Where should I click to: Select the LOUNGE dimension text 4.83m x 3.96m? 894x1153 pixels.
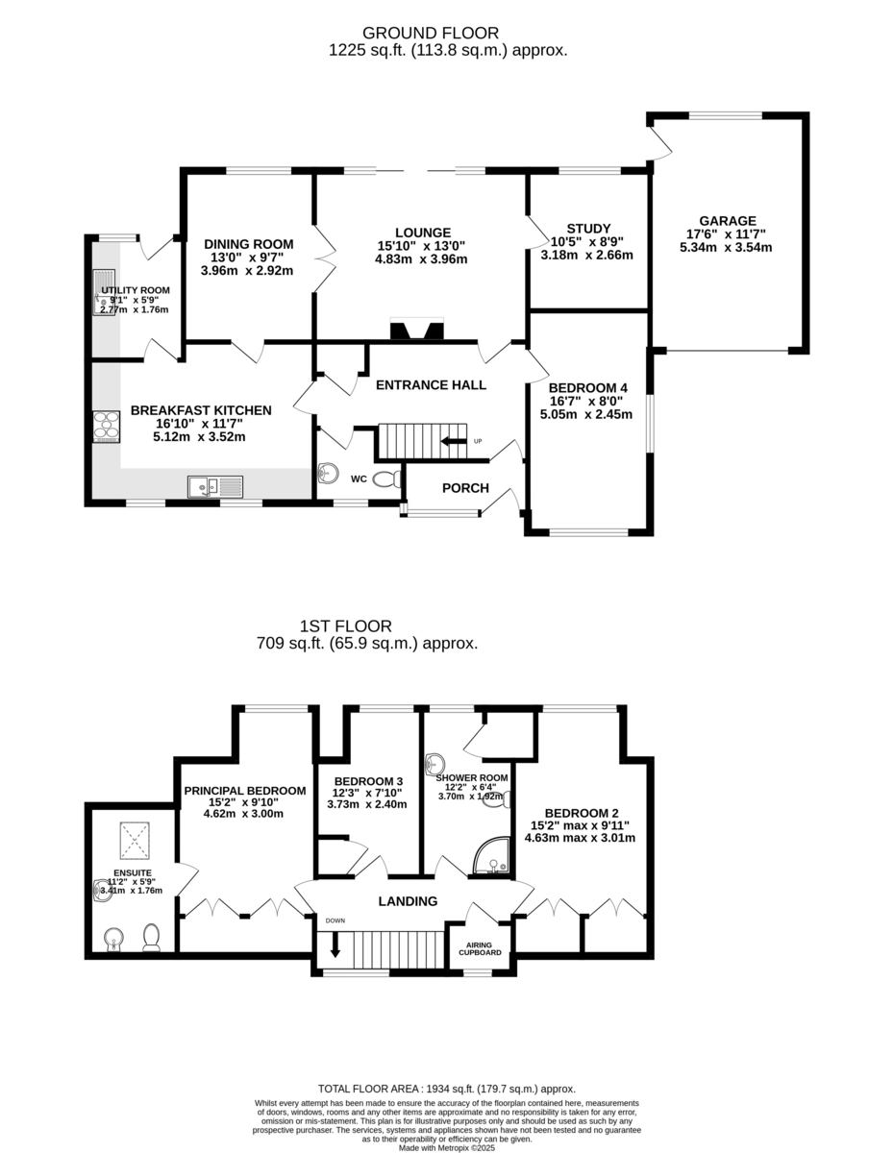pyautogui.click(x=421, y=258)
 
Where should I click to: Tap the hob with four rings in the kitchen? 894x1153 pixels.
pyautogui.click(x=106, y=425)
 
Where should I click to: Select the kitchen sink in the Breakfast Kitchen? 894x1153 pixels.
pyautogui.click(x=214, y=487)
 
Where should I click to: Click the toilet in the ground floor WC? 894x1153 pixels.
pyautogui.click(x=385, y=478)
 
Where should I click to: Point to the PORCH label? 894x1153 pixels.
pyautogui.click(x=465, y=488)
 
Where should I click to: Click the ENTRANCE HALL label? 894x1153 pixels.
pyautogui.click(x=431, y=384)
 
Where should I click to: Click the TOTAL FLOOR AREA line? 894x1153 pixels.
pyautogui.click(x=447, y=1089)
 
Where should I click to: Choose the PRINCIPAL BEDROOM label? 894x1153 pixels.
pyautogui.click(x=245, y=791)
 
